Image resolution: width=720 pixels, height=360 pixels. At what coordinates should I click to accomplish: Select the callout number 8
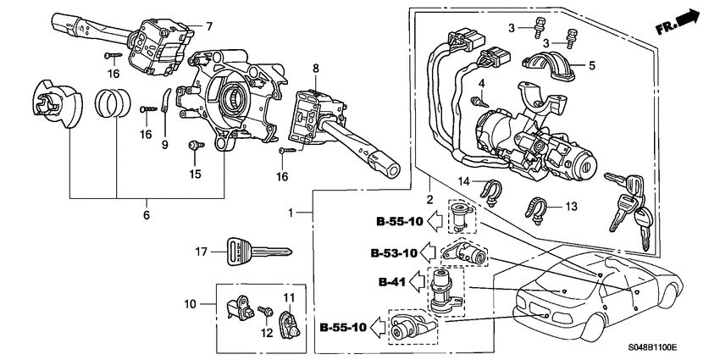click(x=315, y=67)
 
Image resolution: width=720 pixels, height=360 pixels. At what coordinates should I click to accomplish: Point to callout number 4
click(x=480, y=83)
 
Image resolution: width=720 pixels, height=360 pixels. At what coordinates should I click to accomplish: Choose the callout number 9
click(x=165, y=145)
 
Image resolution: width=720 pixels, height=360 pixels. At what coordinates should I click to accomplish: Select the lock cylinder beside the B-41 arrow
click(x=443, y=287)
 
